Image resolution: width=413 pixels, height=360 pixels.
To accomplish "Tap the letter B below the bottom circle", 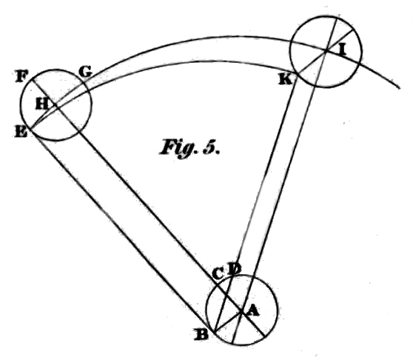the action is tap(201, 334).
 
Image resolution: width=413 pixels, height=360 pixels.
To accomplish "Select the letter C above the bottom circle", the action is tap(218, 274).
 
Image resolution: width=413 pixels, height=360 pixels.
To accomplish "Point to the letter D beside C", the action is tap(234, 269).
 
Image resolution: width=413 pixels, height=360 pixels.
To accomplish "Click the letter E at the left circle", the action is tap(21, 131).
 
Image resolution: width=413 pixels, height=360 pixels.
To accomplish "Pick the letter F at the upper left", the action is tap(21, 76).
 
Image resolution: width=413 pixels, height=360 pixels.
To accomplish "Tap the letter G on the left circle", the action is tap(85, 71).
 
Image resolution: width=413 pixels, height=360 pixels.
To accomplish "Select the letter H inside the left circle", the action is tap(42, 104).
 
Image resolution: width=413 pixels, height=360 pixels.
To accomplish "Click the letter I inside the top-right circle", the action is tap(342, 50).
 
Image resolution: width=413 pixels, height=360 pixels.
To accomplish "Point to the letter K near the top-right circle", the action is tap(286, 79).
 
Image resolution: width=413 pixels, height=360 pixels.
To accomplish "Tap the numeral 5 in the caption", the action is tap(209, 147).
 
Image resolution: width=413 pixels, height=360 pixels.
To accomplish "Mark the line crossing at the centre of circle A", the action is tap(241, 312).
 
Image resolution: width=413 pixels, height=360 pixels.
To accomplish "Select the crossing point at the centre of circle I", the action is tap(326, 50).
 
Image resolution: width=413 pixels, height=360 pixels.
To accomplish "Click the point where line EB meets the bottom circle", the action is tap(215, 332).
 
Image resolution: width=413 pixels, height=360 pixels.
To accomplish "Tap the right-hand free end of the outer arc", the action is tap(400, 88).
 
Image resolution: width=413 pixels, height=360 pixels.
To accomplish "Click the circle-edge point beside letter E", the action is tap(31, 128).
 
